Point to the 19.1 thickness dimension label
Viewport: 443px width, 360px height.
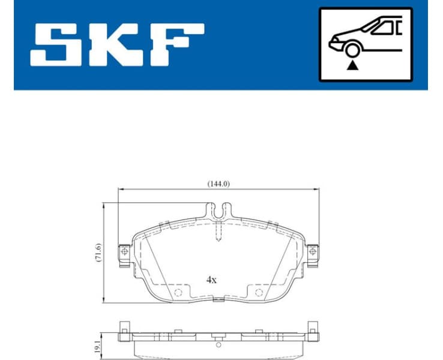click(x=98, y=344)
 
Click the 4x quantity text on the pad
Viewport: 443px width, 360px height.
click(x=212, y=280)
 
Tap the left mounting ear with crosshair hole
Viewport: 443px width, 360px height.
click(x=125, y=252)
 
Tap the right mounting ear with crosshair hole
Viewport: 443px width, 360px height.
click(x=312, y=252)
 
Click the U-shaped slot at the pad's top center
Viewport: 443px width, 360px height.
click(x=218, y=211)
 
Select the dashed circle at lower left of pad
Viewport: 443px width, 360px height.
click(x=178, y=293)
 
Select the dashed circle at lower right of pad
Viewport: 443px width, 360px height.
click(x=259, y=293)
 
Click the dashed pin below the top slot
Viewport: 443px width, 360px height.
click(x=218, y=231)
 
